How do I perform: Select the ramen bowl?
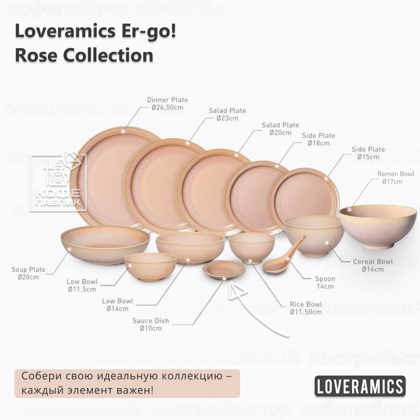(x=378, y=226)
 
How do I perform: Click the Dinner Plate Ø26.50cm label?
(x=167, y=104)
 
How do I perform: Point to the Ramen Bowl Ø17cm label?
(x=395, y=177)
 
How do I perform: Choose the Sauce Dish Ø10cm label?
(x=150, y=324)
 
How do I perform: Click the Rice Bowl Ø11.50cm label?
(x=306, y=308)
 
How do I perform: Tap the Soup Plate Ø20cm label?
(x=28, y=273)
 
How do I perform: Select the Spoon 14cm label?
(x=325, y=282)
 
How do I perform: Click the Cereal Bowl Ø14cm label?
(x=373, y=265)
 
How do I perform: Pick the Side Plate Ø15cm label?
(x=368, y=153)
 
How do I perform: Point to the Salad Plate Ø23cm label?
(x=227, y=114)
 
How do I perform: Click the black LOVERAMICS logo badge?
(x=360, y=386)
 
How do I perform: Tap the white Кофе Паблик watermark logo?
(x=58, y=182)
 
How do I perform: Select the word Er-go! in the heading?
(x=149, y=31)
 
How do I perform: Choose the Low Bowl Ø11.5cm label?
(x=82, y=285)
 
